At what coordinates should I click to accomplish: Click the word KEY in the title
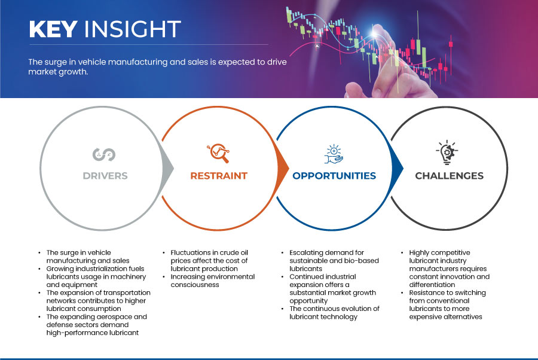click(53, 29)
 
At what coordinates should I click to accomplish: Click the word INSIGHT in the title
click(133, 29)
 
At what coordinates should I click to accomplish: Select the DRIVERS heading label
click(105, 176)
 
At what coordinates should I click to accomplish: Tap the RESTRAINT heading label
click(219, 176)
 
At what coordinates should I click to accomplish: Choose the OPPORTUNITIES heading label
click(334, 176)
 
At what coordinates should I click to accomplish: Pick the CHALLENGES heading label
click(449, 176)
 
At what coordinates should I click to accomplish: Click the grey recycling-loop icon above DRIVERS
click(104, 154)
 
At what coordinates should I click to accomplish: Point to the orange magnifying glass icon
click(218, 153)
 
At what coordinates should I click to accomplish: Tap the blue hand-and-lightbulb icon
click(334, 154)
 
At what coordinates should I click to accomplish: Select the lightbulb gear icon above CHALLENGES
click(447, 152)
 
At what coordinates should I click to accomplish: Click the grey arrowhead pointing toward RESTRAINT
click(167, 168)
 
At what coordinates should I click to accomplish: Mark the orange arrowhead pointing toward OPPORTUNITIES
click(283, 168)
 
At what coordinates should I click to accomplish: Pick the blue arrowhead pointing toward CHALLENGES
click(398, 168)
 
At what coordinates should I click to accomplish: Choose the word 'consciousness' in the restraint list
click(195, 285)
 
